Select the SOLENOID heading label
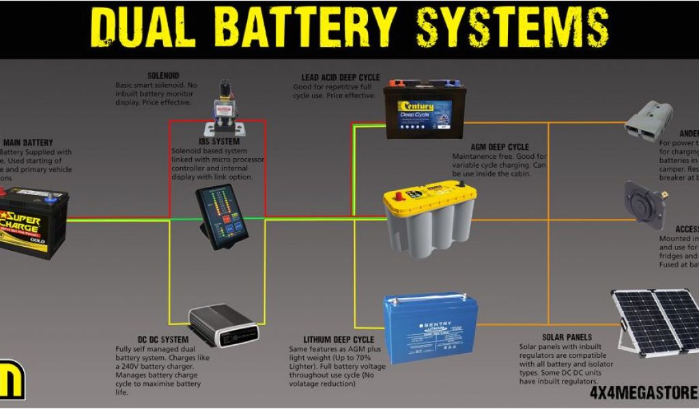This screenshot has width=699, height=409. pyautogui.click(x=165, y=76)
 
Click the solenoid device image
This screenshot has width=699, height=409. pyautogui.click(x=223, y=109)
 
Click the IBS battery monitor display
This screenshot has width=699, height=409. pyautogui.click(x=222, y=215)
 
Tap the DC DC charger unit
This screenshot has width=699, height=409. pyautogui.click(x=223, y=325)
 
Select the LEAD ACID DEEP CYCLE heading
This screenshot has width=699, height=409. pyautogui.click(x=341, y=78)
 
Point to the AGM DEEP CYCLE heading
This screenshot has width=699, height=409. pyautogui.click(x=500, y=147)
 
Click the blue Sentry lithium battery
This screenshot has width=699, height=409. pyautogui.click(x=430, y=326)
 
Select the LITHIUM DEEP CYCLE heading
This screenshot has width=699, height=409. pyautogui.click(x=339, y=339)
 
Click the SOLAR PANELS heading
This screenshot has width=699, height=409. pyautogui.click(x=567, y=337)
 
